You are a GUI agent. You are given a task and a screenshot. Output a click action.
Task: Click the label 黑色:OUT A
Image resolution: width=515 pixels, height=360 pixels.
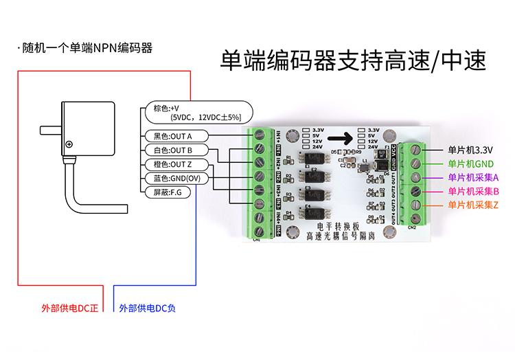click(173, 135)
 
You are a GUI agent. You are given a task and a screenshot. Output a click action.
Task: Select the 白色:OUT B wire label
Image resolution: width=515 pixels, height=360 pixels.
click(173, 150)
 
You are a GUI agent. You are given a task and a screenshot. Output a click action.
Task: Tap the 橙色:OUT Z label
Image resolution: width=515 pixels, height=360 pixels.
click(173, 164)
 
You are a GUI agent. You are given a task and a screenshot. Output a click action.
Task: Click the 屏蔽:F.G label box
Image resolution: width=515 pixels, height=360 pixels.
click(167, 193)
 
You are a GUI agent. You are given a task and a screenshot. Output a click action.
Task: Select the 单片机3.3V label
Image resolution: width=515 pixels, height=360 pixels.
click(470, 149)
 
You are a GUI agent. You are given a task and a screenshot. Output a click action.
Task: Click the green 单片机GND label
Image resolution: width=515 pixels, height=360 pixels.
click(470, 164)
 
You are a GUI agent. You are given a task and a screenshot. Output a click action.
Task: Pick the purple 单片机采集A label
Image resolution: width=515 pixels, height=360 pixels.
click(473, 177)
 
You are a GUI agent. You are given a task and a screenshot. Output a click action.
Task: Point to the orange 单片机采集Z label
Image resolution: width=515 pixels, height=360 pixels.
click(473, 205)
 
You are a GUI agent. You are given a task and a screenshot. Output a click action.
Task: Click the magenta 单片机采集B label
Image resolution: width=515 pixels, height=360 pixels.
click(473, 191)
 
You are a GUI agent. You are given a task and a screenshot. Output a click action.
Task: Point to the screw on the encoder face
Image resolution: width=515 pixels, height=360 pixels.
click(69, 145)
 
